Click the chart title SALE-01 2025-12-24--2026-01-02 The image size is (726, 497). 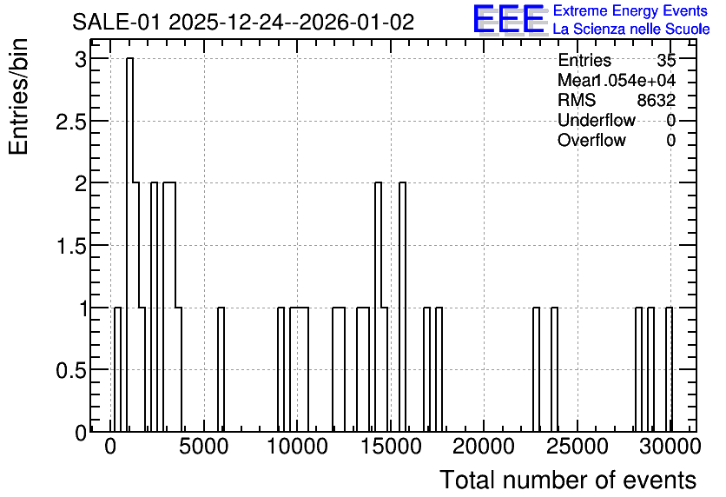[243, 23]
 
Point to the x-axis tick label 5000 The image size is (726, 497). [204, 447]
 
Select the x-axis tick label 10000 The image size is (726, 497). [298, 447]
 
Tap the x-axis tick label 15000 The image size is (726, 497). [392, 447]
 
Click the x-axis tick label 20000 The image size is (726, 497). [484, 447]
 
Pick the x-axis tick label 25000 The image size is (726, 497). [577, 447]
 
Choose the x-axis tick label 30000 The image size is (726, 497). [670, 447]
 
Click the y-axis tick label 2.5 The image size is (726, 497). [71, 122]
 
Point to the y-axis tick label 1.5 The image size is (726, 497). [71, 246]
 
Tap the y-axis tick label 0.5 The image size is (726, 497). [71, 370]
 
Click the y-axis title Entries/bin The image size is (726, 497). [18, 96]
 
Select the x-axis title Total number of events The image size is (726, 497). [568, 480]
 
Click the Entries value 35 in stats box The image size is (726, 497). [666, 60]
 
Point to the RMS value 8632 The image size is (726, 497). [657, 100]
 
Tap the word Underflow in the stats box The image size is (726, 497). [597, 120]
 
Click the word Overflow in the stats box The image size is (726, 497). [591, 140]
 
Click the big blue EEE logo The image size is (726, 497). [509, 19]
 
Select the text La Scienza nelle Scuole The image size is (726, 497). [631, 30]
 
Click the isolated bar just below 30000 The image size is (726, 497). [669, 369]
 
